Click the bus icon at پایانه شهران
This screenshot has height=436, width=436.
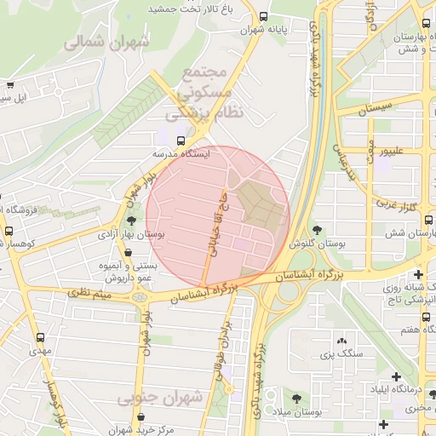262,16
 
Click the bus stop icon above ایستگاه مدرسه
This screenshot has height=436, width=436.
181,141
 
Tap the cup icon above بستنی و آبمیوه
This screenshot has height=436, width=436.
128,253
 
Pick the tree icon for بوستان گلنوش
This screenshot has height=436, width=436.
317,230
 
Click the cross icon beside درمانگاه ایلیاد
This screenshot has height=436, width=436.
396,376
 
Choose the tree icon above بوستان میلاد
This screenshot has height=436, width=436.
295,398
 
